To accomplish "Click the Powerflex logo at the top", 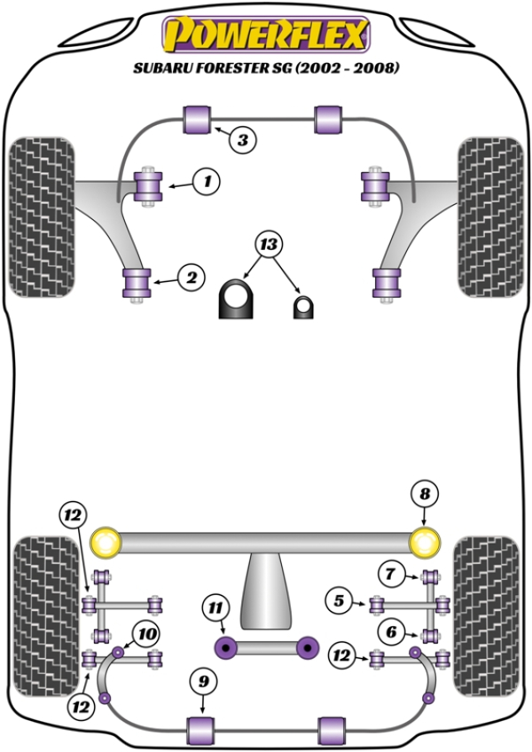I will [x=265, y=35].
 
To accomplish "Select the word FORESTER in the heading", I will [x=223, y=67].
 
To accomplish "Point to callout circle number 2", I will [x=191, y=278].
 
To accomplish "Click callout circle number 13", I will [x=268, y=243].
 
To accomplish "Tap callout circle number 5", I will [x=337, y=602].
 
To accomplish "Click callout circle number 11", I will [x=215, y=607].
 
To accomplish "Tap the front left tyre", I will [x=43, y=218].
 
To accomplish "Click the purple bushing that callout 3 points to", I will [x=198, y=119].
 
